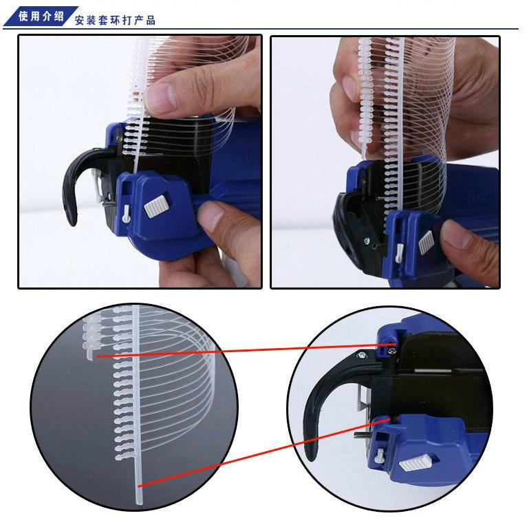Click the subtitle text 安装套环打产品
115,20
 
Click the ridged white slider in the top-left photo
157,206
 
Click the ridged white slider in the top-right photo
425,241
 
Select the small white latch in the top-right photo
398,255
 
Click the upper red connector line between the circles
241,350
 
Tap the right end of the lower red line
391,416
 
